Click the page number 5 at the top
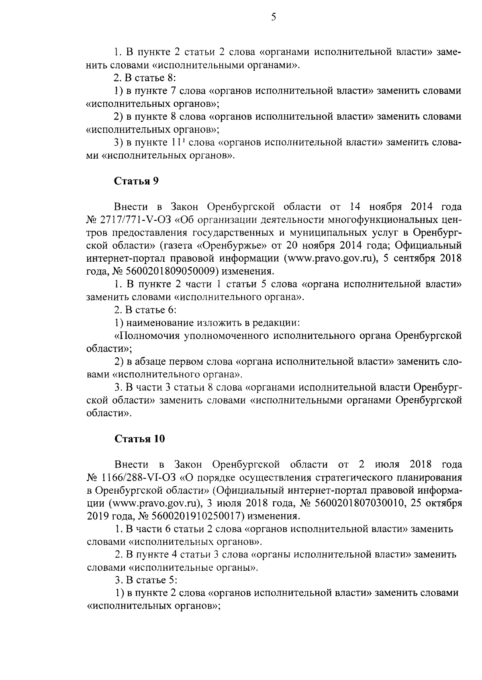[274, 17]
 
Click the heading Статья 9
[137, 181]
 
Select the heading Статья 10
[139, 439]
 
